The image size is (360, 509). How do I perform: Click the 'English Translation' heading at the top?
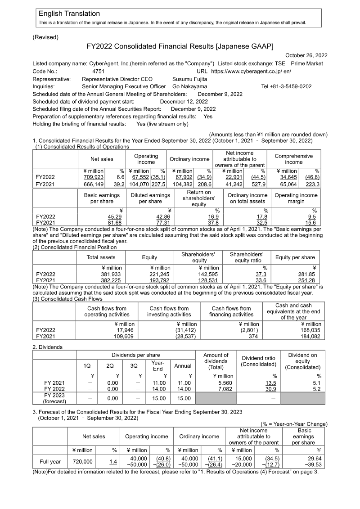click(69, 14)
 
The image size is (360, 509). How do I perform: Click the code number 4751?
click(98, 71)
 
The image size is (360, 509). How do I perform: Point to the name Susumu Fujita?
click(190, 79)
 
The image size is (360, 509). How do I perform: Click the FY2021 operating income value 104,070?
click(138, 184)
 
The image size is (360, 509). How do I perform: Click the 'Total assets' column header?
click(101, 257)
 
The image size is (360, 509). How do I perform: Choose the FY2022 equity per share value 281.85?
click(308, 274)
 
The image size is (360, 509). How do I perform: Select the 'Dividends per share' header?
click(135, 356)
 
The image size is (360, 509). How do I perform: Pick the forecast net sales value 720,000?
click(82, 461)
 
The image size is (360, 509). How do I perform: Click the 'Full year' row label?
click(50, 461)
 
